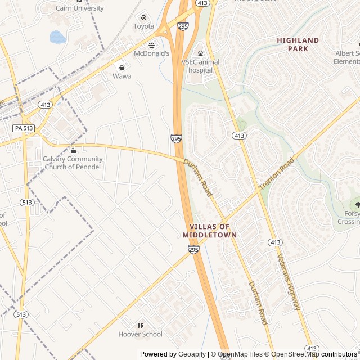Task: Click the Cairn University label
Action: [80, 8]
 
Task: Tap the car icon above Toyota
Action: [144, 17]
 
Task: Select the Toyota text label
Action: [143, 26]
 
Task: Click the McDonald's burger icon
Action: [151, 44]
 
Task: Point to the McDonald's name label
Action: [151, 53]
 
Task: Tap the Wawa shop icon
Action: [121, 67]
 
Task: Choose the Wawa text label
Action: [121, 76]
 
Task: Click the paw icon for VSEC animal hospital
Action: [200, 53]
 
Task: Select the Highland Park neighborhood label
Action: [298, 44]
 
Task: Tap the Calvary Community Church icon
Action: [73, 150]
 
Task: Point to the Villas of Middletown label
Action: [210, 231]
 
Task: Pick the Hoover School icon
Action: [141, 326]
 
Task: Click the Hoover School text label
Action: [140, 334]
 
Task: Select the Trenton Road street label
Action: [277, 173]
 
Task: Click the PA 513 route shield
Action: [24, 128]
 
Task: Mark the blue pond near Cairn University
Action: [57, 37]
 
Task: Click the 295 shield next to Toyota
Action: [183, 26]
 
